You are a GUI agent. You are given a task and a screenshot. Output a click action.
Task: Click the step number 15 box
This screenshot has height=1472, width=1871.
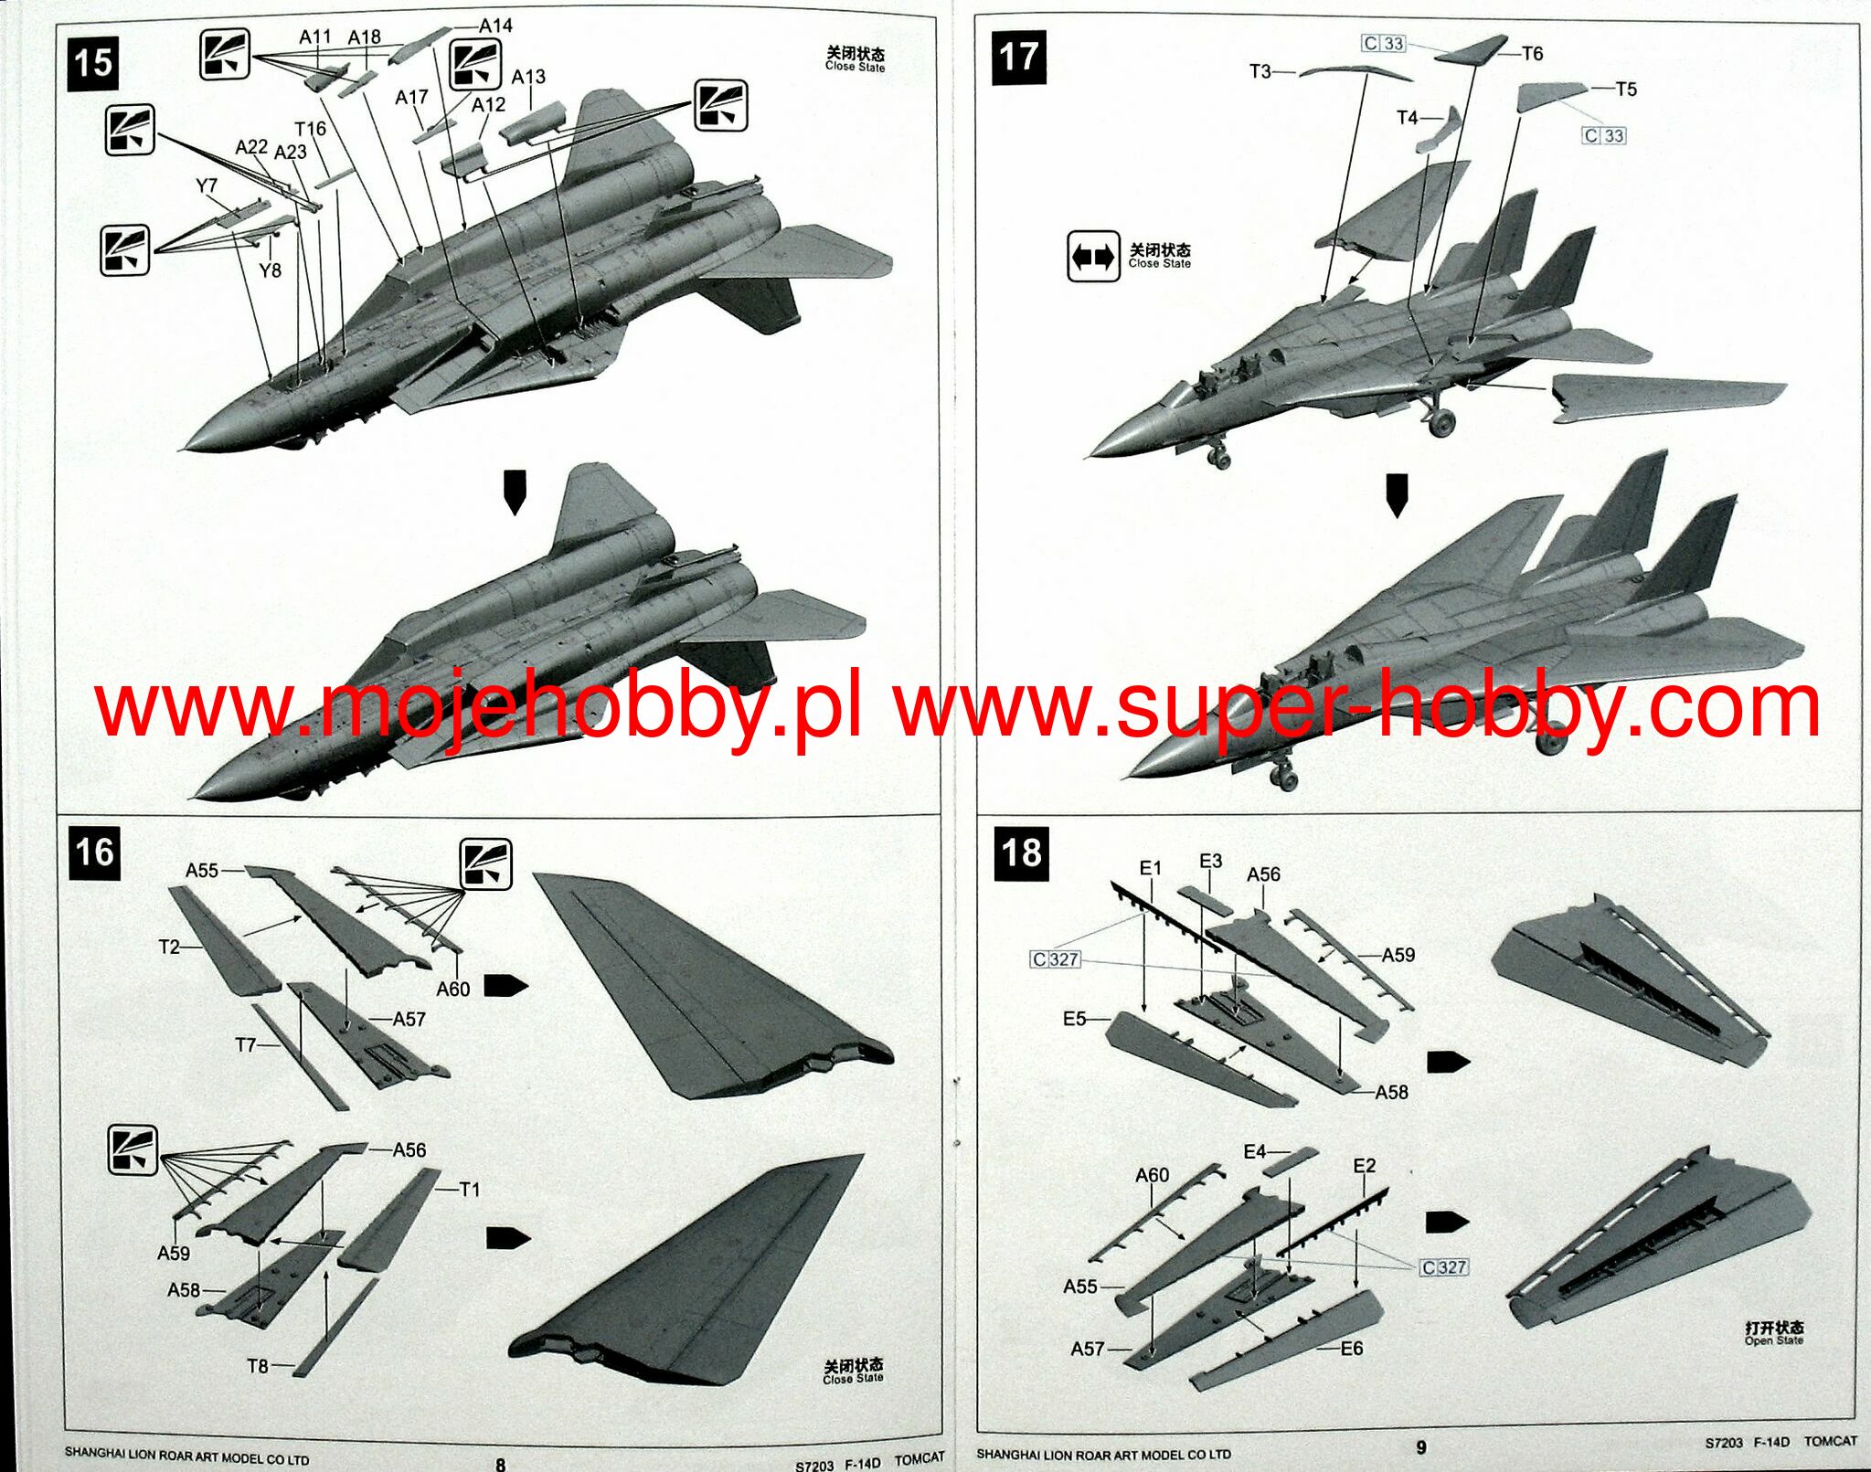point(93,63)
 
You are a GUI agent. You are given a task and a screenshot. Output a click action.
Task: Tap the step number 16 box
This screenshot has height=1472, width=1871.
point(95,852)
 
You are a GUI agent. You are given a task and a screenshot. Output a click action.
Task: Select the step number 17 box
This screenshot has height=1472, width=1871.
point(1018,57)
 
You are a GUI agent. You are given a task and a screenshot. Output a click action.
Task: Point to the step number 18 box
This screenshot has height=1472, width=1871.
point(1021,853)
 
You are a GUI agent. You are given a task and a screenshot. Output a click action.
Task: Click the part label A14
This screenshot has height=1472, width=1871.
point(495,26)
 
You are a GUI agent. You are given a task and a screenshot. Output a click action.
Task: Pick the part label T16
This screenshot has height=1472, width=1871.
point(310,129)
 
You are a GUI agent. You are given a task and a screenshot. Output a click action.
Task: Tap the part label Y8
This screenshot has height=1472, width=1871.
point(270,270)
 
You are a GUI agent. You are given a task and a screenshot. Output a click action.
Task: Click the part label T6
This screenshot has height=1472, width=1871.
point(1532,54)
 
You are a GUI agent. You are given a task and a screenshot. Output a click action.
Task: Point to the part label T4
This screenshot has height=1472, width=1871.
point(1408,118)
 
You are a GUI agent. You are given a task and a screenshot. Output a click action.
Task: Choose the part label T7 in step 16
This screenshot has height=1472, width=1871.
point(245,1044)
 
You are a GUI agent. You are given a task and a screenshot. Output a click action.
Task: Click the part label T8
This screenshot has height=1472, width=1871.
point(258,1366)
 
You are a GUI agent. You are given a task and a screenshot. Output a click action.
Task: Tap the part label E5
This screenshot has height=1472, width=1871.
point(1074,1019)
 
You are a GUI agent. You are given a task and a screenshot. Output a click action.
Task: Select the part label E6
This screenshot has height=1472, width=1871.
point(1351,1349)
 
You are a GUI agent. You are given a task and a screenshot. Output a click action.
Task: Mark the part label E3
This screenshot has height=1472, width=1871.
point(1210,861)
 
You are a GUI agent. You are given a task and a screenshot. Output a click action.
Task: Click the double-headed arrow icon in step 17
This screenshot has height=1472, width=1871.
point(1092,257)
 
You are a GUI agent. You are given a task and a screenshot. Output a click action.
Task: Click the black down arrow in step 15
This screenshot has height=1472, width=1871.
point(516,492)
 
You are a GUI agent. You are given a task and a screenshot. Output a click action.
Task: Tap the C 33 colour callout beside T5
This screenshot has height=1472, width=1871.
point(1604,136)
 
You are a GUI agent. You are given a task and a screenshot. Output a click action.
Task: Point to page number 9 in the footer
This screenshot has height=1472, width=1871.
point(1420,1447)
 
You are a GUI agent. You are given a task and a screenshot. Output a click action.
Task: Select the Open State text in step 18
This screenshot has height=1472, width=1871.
point(1773,1340)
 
